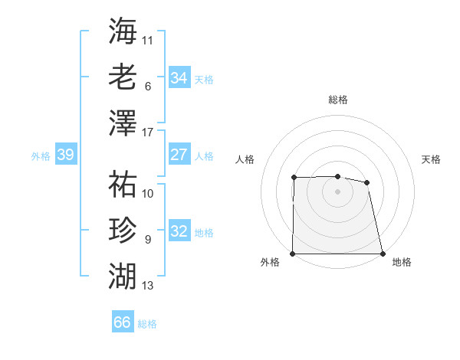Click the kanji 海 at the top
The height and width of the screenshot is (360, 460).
123,31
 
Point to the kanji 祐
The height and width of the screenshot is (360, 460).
123,184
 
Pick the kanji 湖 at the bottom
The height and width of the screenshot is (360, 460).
123,275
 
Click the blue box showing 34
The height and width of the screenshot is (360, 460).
179,78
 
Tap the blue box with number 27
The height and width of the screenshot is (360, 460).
179,155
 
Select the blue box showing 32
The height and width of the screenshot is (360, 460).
179,231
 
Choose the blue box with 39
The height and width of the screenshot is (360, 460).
65,155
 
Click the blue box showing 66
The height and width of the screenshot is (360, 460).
122,322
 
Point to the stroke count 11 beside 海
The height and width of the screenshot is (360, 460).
148,40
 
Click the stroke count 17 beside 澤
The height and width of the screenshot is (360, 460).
148,132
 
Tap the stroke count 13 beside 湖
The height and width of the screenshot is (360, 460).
148,286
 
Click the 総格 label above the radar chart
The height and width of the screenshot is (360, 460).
338,100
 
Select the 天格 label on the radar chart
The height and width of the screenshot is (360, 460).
432,159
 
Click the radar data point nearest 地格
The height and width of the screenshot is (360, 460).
383,254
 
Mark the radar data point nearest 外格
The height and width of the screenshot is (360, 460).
293,254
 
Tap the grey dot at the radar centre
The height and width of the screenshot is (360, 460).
337,191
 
